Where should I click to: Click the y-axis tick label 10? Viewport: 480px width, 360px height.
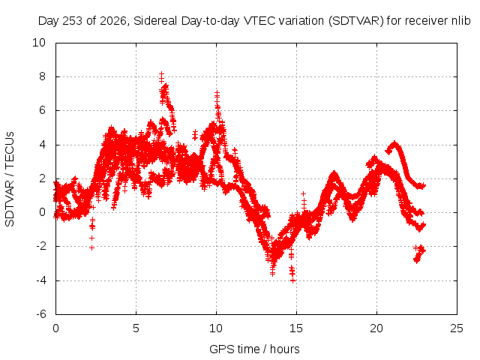pos(39,43)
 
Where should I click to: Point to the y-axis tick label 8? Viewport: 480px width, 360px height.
pos(42,76)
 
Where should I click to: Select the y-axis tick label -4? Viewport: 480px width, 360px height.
pos(40,280)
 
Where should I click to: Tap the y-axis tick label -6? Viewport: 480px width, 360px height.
pos(40,314)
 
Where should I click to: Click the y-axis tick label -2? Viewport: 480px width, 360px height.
pos(40,246)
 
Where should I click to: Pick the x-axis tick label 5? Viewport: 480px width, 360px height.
pos(136,328)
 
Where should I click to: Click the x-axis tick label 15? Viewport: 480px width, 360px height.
pos(296,328)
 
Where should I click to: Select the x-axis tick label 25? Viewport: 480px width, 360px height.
pos(457,328)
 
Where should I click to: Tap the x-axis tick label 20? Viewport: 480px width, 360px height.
pos(376,328)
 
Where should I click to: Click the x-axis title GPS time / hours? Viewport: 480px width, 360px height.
pos(254,349)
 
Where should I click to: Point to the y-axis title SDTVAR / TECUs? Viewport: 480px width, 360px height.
pos(10,179)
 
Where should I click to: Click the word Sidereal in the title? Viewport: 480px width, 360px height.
pos(155,21)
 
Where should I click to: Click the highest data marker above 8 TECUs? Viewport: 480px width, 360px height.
pos(162,74)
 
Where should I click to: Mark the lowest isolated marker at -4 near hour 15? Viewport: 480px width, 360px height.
pos(293,280)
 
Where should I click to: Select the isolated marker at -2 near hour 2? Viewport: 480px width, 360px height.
pos(91,247)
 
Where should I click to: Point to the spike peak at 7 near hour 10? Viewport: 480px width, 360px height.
pos(217,92)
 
